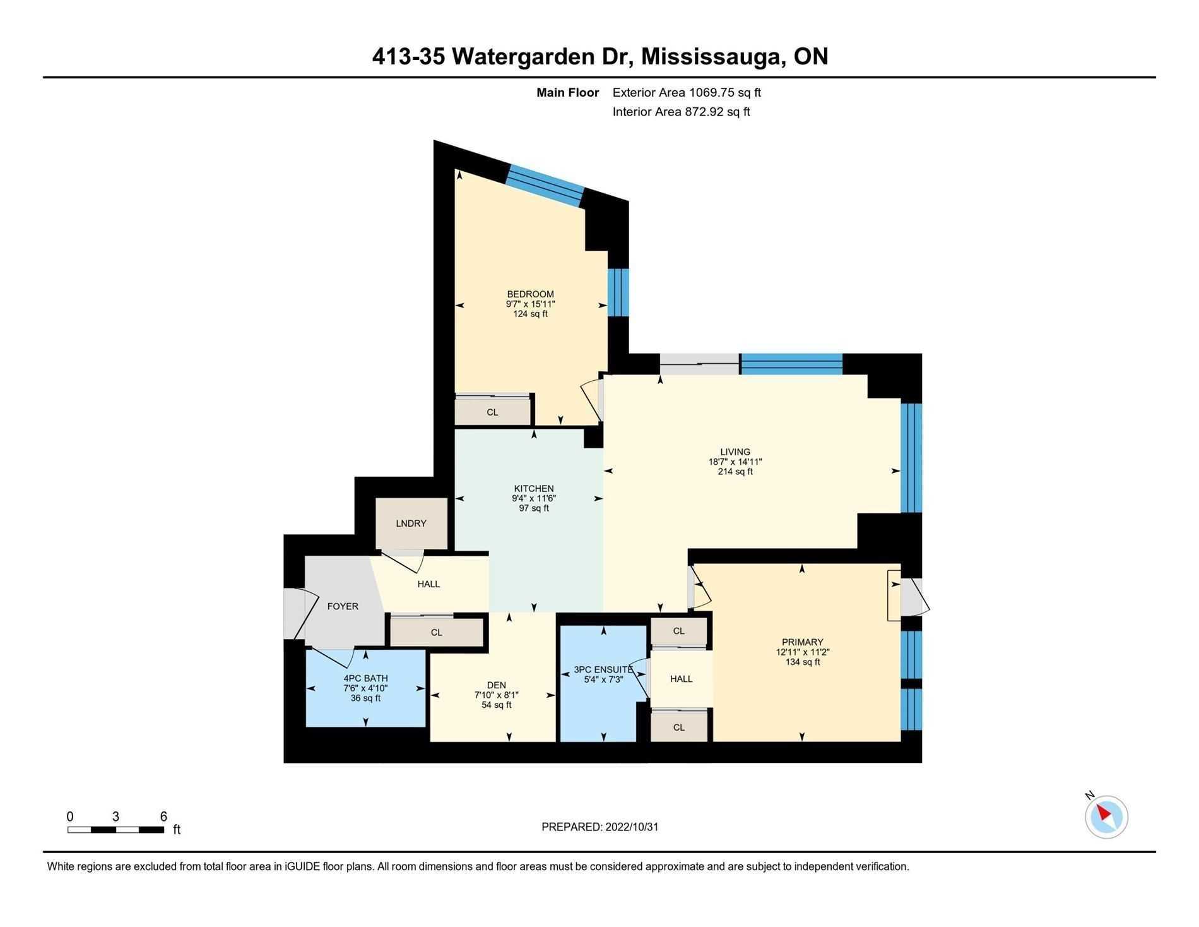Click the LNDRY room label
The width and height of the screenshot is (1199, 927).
click(411, 523)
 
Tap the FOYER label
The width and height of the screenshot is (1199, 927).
click(343, 606)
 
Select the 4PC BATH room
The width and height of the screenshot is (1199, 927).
click(365, 688)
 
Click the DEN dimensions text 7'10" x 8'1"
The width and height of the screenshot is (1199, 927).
click(496, 695)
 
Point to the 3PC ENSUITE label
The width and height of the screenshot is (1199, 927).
click(603, 669)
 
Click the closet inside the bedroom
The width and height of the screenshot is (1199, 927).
click(492, 412)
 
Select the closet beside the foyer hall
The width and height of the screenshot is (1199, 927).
click(436, 632)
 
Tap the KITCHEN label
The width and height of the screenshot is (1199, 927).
click(534, 488)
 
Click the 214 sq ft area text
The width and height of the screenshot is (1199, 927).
click(735, 471)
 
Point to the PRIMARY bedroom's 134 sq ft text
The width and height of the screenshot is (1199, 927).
click(802, 662)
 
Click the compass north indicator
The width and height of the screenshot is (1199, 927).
click(1106, 816)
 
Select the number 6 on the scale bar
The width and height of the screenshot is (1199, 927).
click(163, 816)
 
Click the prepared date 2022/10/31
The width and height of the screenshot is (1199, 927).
click(631, 827)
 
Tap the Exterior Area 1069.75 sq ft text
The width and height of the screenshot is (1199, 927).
click(687, 92)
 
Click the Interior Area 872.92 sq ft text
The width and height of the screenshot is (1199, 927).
click(681, 112)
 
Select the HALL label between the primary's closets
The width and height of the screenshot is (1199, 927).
click(681, 679)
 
